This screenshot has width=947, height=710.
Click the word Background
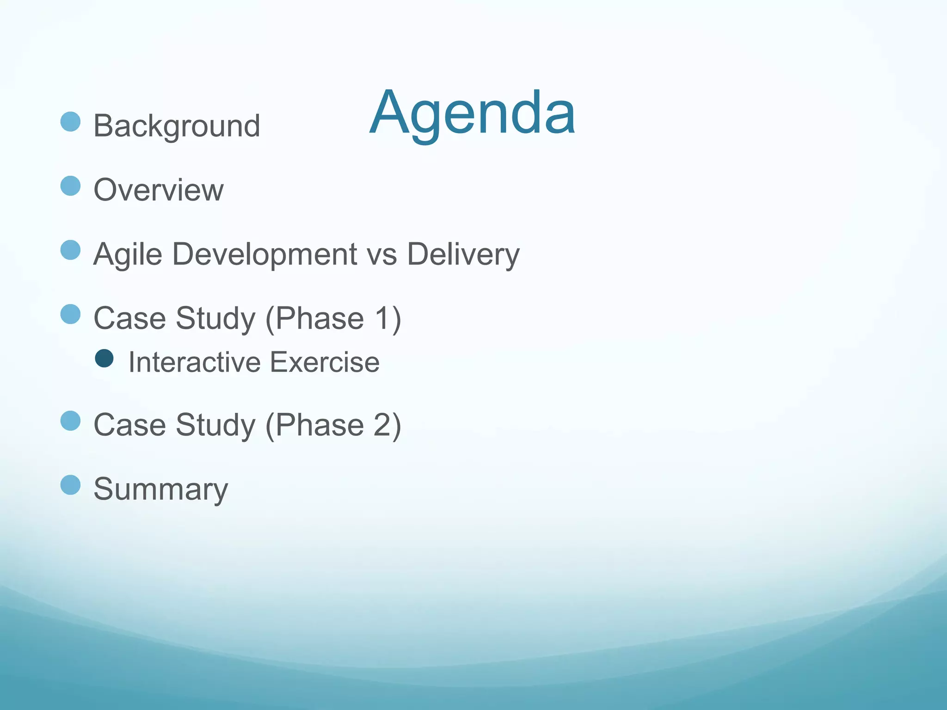[177, 126]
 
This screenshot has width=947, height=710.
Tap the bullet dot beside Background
[70, 122]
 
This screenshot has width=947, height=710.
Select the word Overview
[159, 190]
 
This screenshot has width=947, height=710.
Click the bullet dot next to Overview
[70, 186]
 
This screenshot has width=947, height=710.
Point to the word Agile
[128, 254]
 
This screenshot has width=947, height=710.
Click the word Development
[264, 254]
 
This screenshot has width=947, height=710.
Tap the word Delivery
[463, 254]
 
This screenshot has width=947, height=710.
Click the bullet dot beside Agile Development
[70, 250]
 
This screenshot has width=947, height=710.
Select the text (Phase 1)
[333, 318]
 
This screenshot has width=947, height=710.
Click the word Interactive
[194, 362]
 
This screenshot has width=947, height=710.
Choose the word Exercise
[325, 362]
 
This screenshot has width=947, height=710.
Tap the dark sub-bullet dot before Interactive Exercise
[104, 358]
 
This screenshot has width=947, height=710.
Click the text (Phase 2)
[333, 425]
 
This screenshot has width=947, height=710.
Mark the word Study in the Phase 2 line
[215, 425]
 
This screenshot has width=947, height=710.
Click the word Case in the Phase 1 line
[129, 318]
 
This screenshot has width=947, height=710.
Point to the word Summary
[161, 489]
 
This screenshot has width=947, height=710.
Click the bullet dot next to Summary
[70, 485]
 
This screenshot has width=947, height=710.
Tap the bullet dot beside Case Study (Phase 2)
[70, 421]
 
